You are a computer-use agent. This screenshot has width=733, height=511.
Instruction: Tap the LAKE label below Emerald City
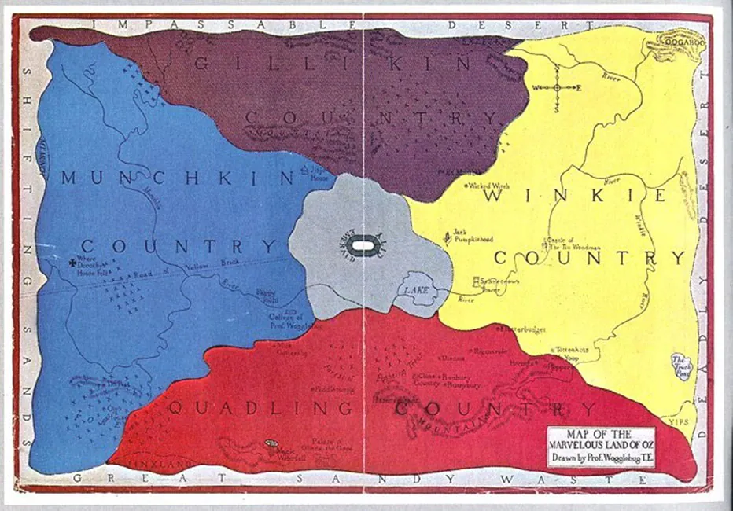point(416,291)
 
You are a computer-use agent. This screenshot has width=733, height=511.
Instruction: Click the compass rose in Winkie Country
point(557,88)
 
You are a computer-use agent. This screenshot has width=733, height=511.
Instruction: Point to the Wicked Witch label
point(488,186)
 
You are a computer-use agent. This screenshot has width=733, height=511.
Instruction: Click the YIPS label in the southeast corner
point(677,422)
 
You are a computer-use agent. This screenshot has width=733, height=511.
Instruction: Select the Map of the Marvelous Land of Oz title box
point(601,447)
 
